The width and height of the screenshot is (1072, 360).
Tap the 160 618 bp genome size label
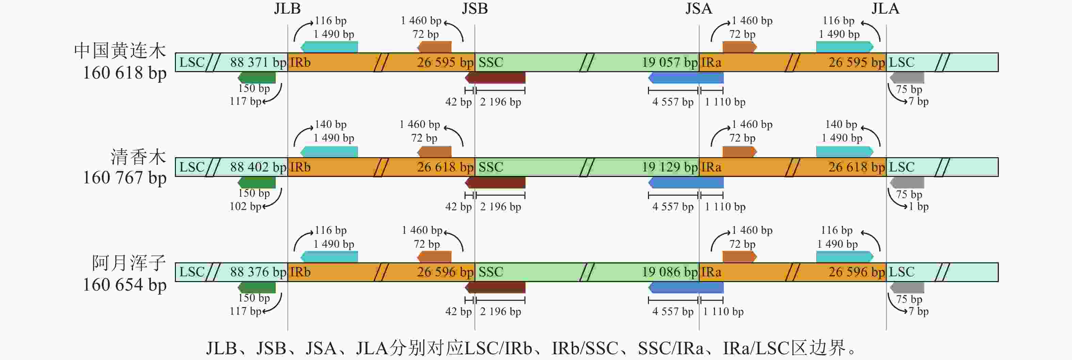[125, 73]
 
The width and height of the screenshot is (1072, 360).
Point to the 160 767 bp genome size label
[125, 178]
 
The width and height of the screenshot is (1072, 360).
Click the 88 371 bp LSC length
[258, 62]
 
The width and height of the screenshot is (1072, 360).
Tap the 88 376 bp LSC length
[258, 272]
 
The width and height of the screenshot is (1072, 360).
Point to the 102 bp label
[245, 207]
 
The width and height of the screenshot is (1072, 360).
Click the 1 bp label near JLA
[919, 207]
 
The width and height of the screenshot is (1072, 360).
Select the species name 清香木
[138, 157]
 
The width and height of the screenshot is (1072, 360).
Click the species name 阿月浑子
[129, 263]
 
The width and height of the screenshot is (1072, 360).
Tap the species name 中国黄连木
[120, 51]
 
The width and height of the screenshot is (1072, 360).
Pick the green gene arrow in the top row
[257, 78]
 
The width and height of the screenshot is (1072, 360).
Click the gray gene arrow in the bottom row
[907, 288]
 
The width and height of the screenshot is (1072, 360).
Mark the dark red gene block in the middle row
[495, 182]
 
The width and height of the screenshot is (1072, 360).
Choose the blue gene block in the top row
[686, 78]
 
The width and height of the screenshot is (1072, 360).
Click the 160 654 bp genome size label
[125, 285]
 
